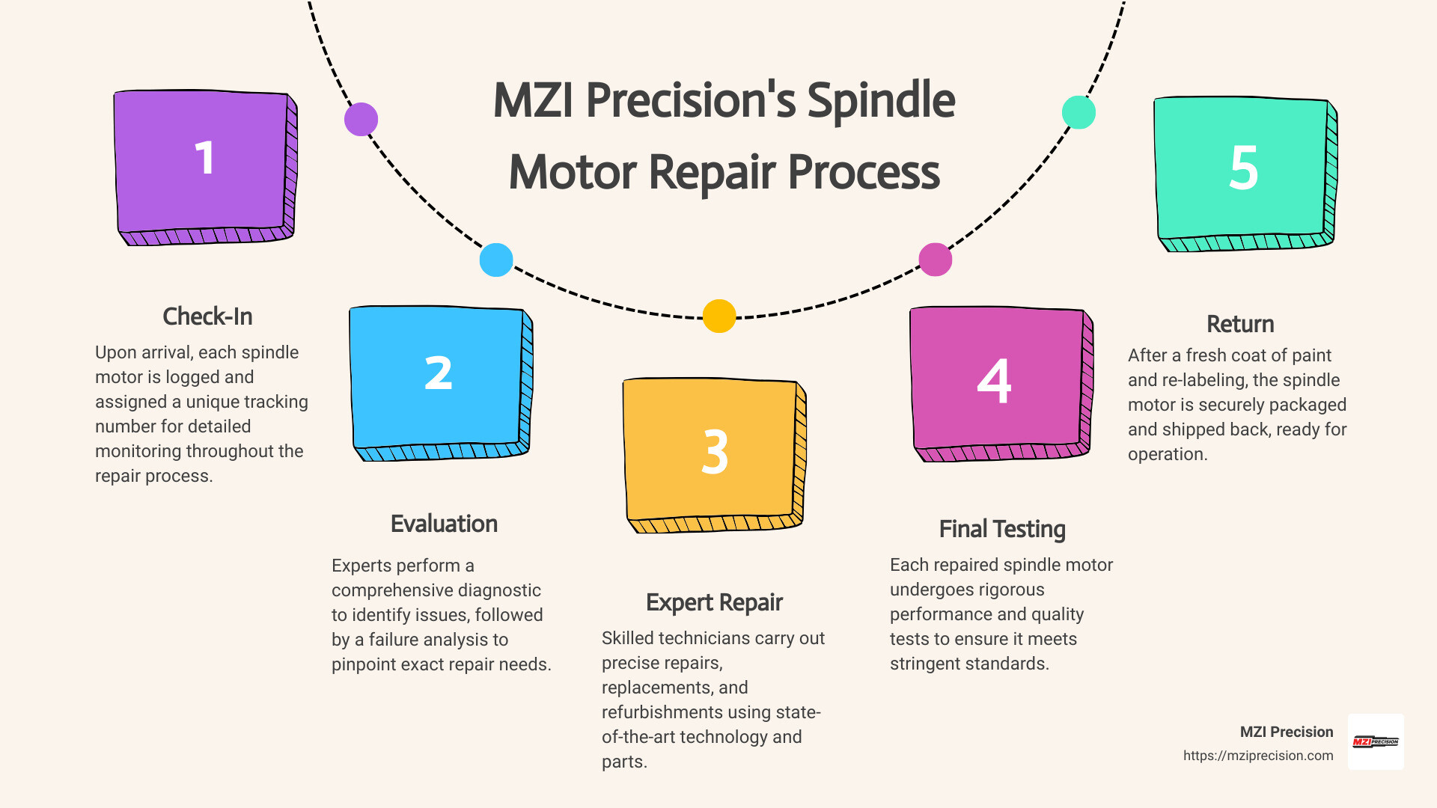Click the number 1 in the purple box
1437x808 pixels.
pyautogui.click(x=204, y=159)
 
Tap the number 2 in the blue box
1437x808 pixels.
pyautogui.click(x=439, y=373)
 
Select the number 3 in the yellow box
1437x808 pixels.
pyautogui.click(x=715, y=452)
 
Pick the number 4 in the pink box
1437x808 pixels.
pyautogui.click(x=994, y=382)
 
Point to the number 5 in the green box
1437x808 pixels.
pyautogui.click(x=1243, y=168)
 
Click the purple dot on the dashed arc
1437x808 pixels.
pyautogui.click(x=361, y=120)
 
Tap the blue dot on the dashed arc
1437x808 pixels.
pyautogui.click(x=496, y=260)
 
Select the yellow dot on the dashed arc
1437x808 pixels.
pyautogui.click(x=719, y=316)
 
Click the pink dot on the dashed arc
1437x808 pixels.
pyautogui.click(x=935, y=260)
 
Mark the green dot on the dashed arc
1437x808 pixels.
pyautogui.click(x=1078, y=112)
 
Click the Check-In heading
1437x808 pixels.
pyautogui.click(x=207, y=316)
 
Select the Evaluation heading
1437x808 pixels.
pyautogui.click(x=444, y=524)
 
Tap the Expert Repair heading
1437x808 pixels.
pyautogui.click(x=714, y=602)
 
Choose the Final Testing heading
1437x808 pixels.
pyautogui.click(x=1002, y=529)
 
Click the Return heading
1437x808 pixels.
pyautogui.click(x=1240, y=324)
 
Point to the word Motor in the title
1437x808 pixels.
pyautogui.click(x=573, y=172)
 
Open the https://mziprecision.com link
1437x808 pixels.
pyautogui.click(x=1257, y=756)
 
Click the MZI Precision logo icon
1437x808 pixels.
pyautogui.click(x=1376, y=741)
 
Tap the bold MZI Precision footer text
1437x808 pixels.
pyautogui.click(x=1286, y=732)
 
